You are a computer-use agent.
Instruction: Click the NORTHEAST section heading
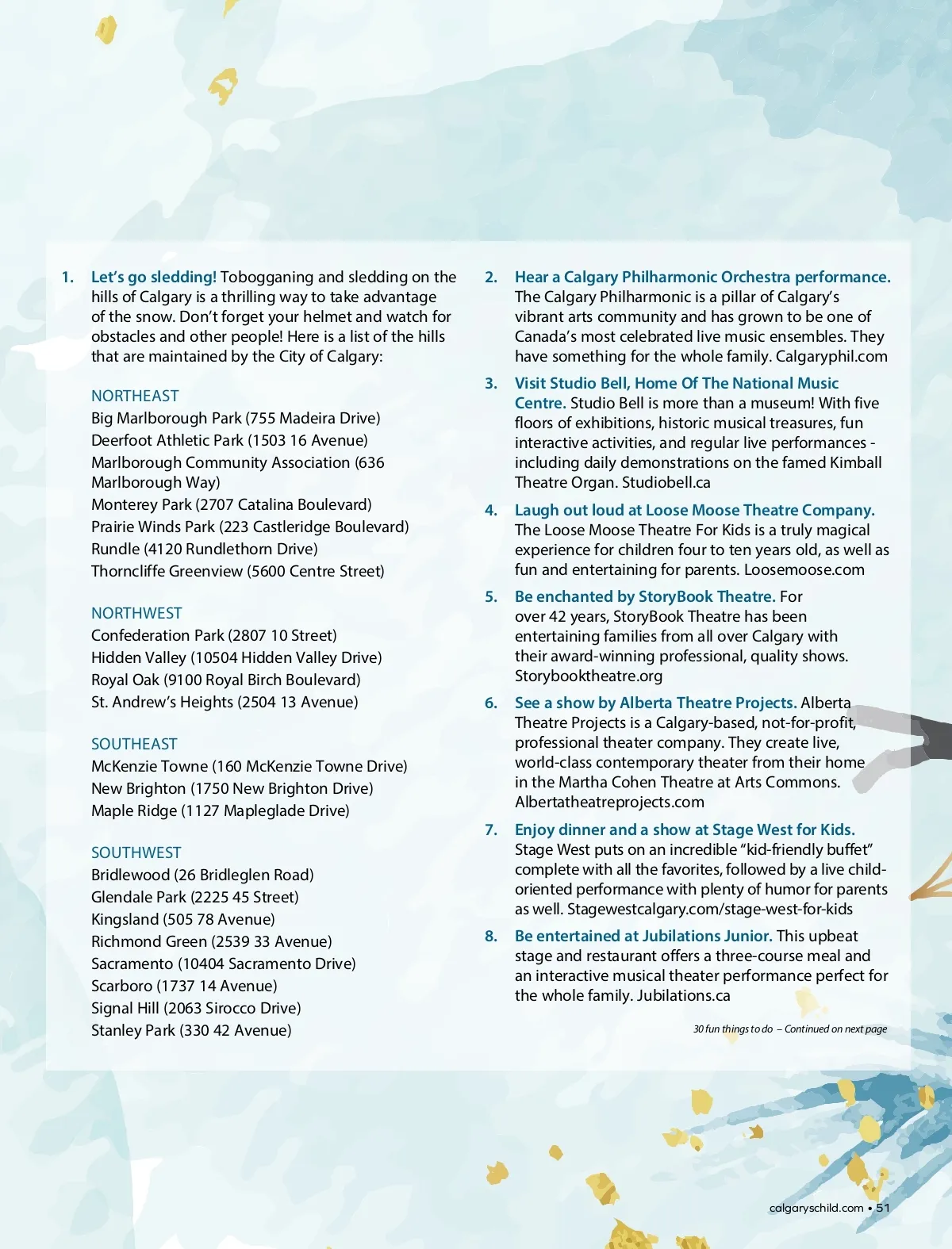[135, 396]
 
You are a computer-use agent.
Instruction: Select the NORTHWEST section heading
[136, 613]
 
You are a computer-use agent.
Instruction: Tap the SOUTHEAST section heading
[134, 744]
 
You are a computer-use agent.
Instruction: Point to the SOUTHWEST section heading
[136, 852]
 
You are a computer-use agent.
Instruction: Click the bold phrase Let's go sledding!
[154, 277]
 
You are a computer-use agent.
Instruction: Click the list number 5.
[491, 596]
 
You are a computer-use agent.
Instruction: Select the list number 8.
[491, 936]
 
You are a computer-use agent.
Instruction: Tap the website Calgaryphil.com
[831, 356]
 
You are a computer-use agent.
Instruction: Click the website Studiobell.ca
[666, 482]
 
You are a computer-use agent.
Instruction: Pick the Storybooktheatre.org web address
[588, 676]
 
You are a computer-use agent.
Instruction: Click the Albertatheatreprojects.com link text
[609, 802]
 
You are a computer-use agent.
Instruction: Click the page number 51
[883, 1208]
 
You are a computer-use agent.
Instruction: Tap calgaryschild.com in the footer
[816, 1208]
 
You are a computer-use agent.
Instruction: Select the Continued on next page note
[835, 1029]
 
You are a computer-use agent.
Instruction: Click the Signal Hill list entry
[196, 1008]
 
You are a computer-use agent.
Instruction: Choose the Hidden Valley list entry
[236, 657]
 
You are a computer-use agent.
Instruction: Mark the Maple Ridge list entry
[220, 810]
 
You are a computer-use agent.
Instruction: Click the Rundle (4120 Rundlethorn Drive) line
[204, 549]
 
